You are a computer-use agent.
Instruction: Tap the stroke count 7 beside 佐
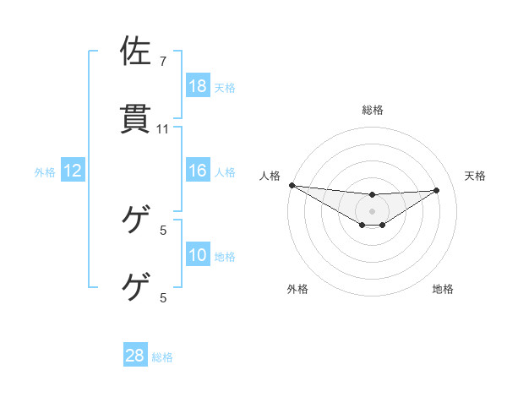[x=163, y=63]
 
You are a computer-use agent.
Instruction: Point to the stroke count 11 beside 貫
[x=163, y=129]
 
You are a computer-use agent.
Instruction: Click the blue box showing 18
[x=198, y=85]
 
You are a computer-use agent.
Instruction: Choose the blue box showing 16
[x=198, y=171]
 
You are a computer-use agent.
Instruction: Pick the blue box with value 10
[x=198, y=255]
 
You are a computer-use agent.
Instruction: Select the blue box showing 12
[x=73, y=171]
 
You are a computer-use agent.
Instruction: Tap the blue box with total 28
[x=135, y=356]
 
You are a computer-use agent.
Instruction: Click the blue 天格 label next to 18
[x=225, y=87]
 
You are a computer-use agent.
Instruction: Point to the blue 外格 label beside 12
[x=45, y=172]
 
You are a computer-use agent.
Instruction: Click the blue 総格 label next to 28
[x=162, y=357]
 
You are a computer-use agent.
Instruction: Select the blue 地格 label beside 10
[x=225, y=257]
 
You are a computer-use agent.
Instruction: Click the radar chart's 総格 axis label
[x=373, y=110]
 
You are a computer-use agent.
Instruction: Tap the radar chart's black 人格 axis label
[x=270, y=176]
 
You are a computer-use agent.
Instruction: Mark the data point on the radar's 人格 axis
[x=292, y=185]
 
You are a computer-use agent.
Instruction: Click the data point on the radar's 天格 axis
[x=437, y=190]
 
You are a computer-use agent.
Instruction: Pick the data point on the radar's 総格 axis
[x=373, y=195]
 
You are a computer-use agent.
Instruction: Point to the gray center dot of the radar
[x=373, y=211]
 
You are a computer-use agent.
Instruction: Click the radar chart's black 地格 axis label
[x=443, y=289]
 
